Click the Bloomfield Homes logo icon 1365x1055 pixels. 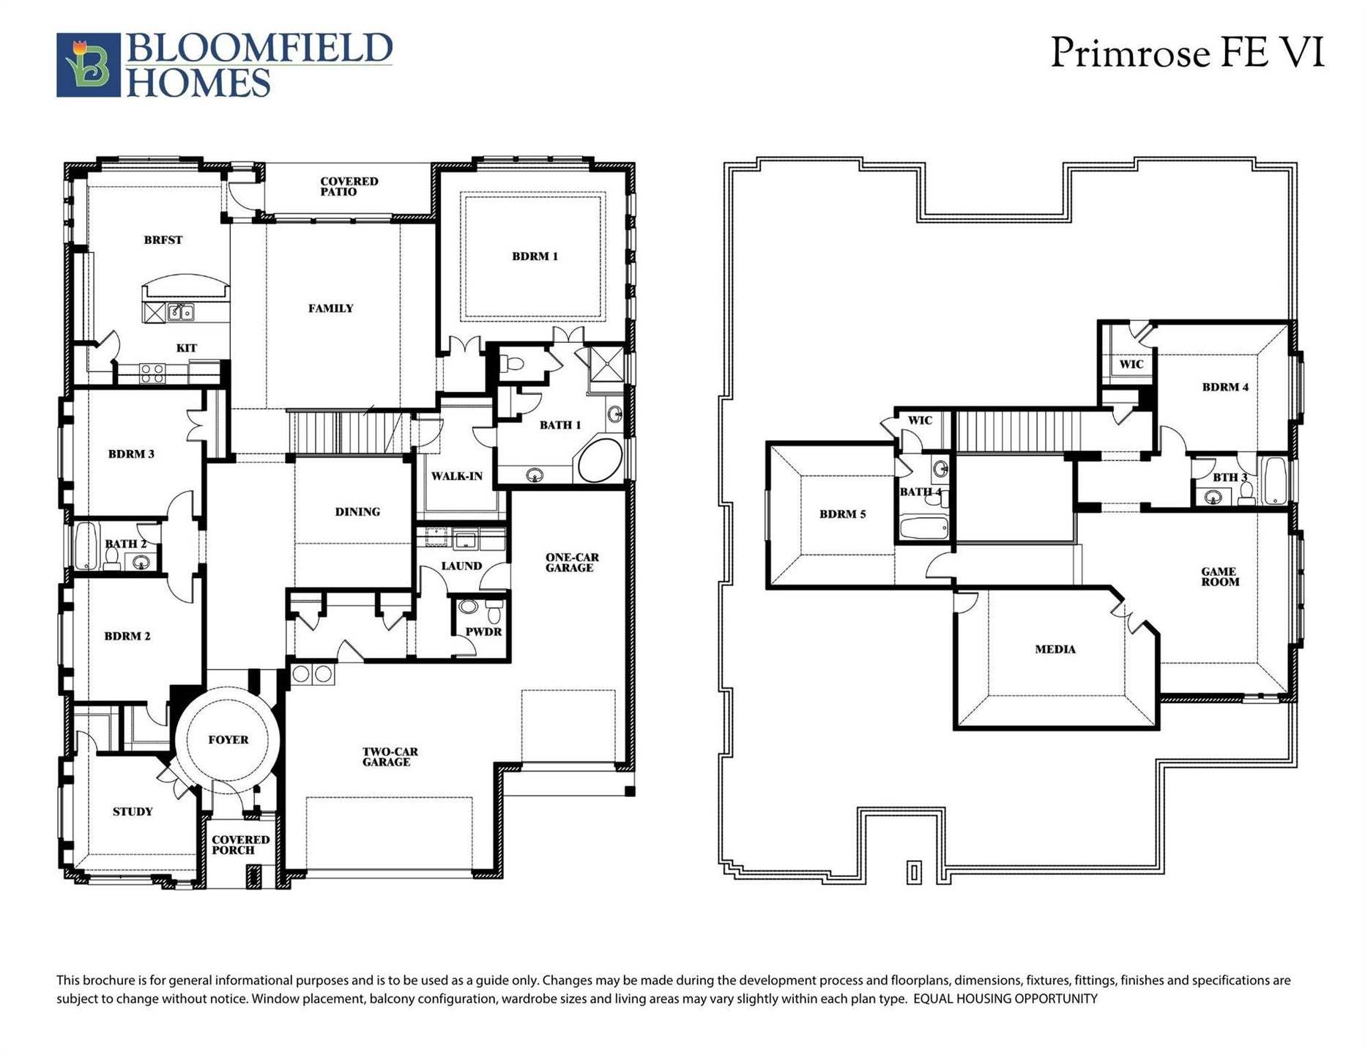(88, 64)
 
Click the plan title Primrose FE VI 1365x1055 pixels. (1186, 53)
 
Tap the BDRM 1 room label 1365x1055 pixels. (535, 256)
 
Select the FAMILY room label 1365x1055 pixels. (330, 308)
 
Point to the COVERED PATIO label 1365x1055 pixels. (349, 187)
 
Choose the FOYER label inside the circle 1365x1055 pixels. (228, 740)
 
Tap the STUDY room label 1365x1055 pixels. (133, 812)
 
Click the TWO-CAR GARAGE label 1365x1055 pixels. (389, 757)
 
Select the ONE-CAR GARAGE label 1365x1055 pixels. (571, 563)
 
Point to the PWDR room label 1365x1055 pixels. (483, 632)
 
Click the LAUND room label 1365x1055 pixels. (461, 566)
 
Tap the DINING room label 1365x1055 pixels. (357, 512)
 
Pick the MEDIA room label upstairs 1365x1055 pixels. (1055, 649)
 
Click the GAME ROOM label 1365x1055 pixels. (1219, 577)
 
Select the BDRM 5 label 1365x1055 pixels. (842, 514)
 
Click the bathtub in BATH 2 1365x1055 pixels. (86, 546)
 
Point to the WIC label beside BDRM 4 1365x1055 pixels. (1131, 364)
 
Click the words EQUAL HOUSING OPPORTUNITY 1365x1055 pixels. (1005, 999)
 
